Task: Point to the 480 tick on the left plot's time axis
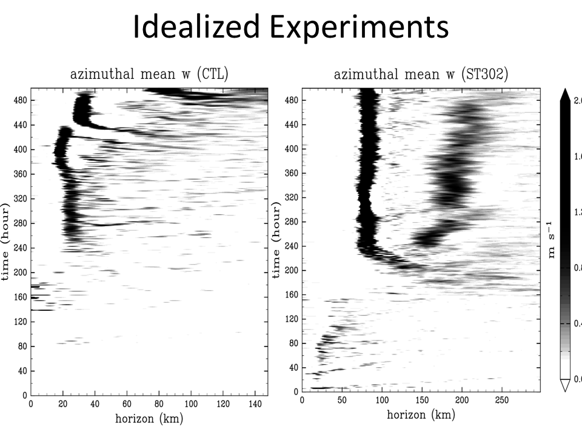[x=19, y=101]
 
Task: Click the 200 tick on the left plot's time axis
[x=19, y=273]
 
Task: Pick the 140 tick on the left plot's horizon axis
[x=255, y=404]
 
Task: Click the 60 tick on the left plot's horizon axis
[x=127, y=404]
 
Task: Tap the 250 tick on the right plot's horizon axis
[x=501, y=401]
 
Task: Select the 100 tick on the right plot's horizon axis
[x=382, y=401]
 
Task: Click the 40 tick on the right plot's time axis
[x=294, y=367]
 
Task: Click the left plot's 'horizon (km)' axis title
[x=149, y=418]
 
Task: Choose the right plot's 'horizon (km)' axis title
[x=420, y=415]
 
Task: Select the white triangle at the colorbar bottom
[x=564, y=385]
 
